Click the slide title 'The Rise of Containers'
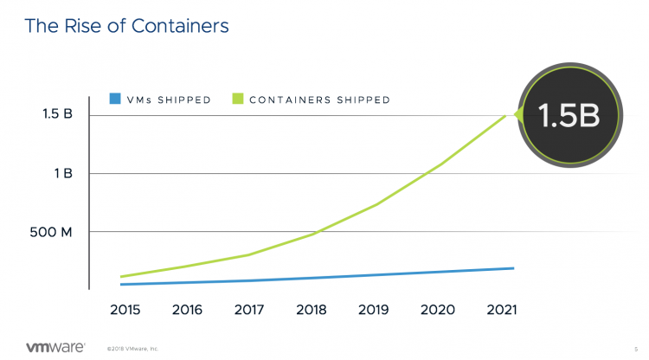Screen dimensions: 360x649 click(126, 26)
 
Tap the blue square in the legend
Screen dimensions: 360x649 click(115, 99)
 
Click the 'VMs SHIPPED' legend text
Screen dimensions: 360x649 click(169, 100)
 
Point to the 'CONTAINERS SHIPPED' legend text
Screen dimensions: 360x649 click(319, 100)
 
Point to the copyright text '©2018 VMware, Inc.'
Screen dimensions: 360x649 click(133, 349)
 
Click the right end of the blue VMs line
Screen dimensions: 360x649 click(514, 268)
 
